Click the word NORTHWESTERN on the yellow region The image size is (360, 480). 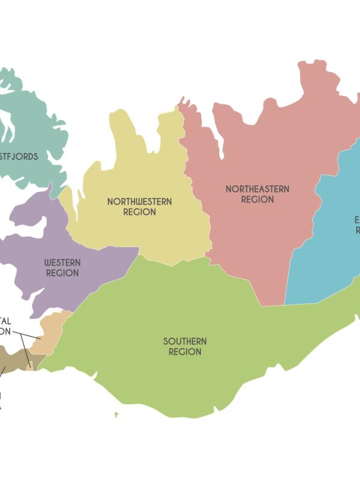(139, 202)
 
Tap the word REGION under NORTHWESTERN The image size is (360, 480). (139, 212)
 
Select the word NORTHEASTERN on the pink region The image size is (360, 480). (257, 189)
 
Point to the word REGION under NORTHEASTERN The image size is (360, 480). (257, 200)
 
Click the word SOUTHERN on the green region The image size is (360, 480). (185, 341)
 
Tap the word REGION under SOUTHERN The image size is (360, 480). (185, 352)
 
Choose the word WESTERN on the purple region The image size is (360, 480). (62, 263)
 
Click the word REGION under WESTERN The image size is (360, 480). (62, 274)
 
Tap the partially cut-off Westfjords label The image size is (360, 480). (19, 157)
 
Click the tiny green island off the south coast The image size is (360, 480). (116, 414)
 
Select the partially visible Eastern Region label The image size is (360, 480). (356, 224)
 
